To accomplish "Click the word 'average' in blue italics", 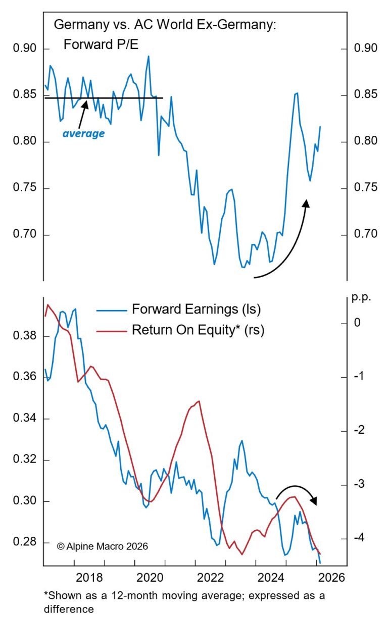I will [83, 134].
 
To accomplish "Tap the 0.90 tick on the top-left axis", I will [25, 49].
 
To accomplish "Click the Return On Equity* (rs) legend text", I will [198, 330].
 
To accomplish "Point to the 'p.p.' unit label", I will [361, 297].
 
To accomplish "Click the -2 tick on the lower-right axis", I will [359, 430].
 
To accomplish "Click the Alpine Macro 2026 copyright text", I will [103, 546].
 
